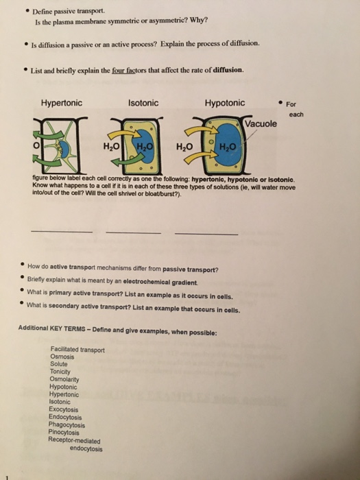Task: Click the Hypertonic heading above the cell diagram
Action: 62,103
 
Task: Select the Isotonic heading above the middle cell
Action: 144,103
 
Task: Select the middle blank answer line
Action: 133,232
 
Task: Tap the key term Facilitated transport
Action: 77,349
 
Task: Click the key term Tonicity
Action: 62,372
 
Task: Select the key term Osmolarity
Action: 65,379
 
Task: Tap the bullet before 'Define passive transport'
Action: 25,12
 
